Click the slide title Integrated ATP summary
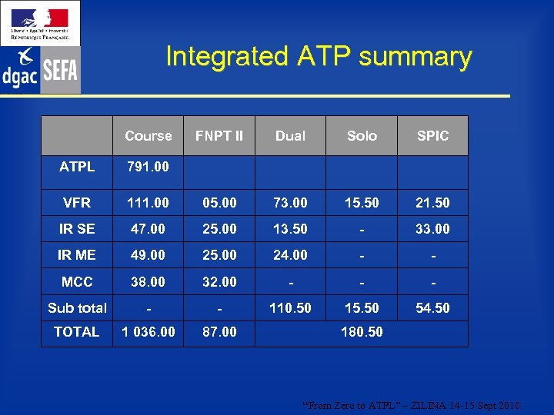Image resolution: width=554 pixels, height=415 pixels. tap(319, 57)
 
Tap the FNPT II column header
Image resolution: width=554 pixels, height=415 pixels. tap(219, 136)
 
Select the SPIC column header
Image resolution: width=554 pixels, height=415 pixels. tap(432, 136)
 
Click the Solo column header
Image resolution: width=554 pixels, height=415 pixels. tap(362, 136)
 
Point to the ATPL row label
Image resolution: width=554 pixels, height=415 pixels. tap(77, 166)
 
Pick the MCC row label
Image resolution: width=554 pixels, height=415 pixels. tap(77, 282)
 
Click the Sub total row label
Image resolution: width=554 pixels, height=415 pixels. tap(77, 308)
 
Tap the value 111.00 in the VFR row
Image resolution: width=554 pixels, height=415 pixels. tap(148, 203)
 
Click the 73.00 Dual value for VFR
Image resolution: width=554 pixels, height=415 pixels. tap(290, 203)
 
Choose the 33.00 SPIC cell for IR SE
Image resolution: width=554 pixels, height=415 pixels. tap(432, 229)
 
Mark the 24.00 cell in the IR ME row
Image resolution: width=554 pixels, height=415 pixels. tap(290, 255)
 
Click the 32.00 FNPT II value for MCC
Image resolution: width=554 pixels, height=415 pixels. tap(219, 282)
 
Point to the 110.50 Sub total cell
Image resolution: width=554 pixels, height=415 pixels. tap(290, 308)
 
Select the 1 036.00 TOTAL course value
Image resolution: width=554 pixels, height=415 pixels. tap(148, 332)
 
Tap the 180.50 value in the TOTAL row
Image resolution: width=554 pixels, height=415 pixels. tap(362, 332)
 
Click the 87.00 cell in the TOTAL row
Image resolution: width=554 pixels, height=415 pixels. tap(219, 332)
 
